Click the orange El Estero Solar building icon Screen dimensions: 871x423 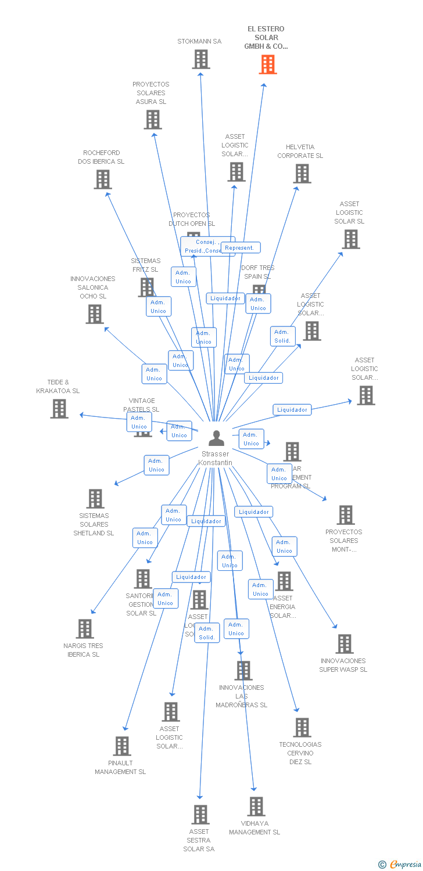click(268, 64)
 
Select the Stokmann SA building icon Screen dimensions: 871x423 click(201, 59)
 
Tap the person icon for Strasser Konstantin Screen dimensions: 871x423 click(216, 438)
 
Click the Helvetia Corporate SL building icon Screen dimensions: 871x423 click(302, 174)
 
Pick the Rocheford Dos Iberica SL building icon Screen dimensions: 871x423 click(103, 179)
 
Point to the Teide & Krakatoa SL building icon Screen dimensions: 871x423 click(59, 409)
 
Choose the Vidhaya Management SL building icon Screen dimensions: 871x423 click(256, 807)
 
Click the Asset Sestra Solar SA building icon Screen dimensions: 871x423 click(200, 815)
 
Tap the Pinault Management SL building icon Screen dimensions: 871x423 click(122, 746)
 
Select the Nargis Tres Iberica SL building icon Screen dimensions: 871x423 click(85, 629)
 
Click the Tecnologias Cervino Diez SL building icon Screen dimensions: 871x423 click(302, 728)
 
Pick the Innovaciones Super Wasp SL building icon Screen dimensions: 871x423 click(345, 644)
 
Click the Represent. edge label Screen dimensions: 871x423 click(240, 248)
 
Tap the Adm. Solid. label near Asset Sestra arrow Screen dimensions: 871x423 click(207, 633)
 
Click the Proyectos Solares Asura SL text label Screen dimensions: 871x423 click(151, 93)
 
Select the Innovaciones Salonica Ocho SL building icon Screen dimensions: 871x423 click(95, 314)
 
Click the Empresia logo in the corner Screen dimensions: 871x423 click(400, 865)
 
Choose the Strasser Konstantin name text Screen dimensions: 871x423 click(216, 458)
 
